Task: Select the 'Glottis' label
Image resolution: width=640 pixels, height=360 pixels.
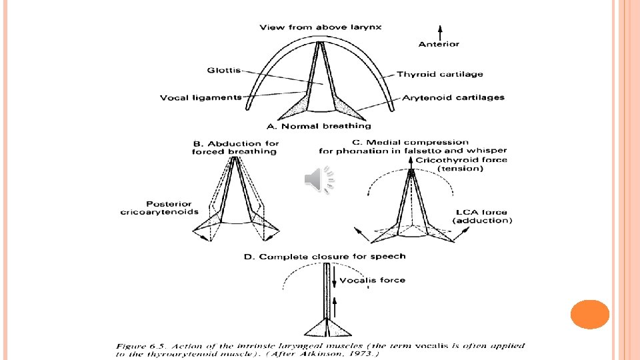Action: click(x=224, y=70)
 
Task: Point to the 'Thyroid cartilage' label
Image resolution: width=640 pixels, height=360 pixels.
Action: click(x=440, y=74)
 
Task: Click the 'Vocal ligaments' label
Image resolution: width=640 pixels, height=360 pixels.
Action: click(x=201, y=97)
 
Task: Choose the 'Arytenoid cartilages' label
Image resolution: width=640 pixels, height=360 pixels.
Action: click(x=453, y=97)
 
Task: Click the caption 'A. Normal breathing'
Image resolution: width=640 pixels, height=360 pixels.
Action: click(x=319, y=126)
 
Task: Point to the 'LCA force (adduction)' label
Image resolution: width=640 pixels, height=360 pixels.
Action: click(x=482, y=216)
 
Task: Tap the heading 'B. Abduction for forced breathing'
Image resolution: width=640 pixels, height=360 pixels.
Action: click(x=235, y=147)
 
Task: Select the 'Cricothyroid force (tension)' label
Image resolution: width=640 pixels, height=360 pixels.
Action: click(x=461, y=164)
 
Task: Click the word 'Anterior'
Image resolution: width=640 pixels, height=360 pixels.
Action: click(x=439, y=45)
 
